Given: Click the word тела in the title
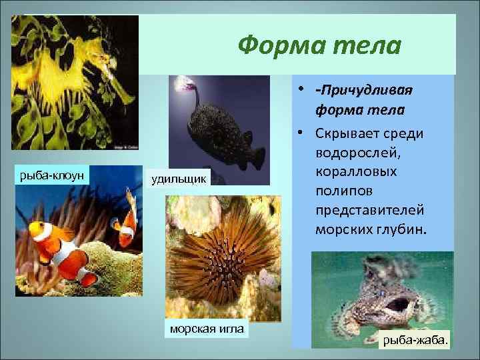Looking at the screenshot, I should click(363, 46).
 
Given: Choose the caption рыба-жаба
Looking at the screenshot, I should click(414, 341).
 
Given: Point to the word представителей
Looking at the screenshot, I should click(370, 209).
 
